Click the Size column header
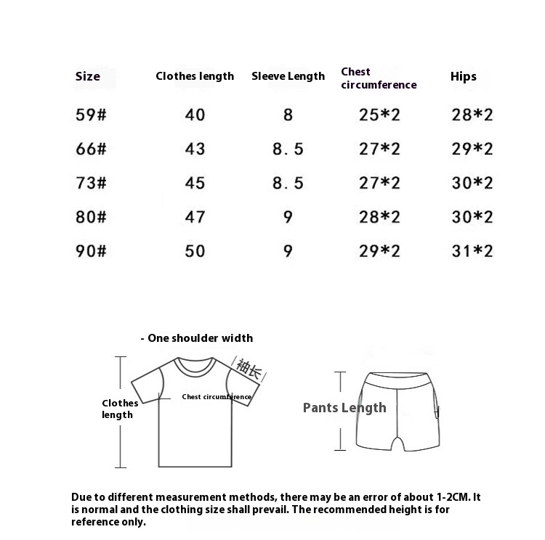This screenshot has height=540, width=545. pos(88,76)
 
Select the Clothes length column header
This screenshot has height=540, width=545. pos(195,76)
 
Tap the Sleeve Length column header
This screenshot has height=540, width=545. pos(288,76)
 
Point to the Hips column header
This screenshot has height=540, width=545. pos(464,76)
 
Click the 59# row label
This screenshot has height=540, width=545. pos(91,115)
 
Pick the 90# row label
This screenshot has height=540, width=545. pos(91,251)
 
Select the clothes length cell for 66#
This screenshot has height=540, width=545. pos(195,149)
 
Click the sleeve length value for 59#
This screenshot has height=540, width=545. pos(288,115)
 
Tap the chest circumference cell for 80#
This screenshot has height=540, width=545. pos(379,217)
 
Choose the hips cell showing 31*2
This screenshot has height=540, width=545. pos(472,251)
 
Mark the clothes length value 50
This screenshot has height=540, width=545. pos(195,251)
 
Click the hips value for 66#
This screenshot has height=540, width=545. pos(472,149)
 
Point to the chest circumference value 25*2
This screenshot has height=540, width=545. pos(379,115)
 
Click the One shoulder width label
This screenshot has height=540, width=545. pos(199,338)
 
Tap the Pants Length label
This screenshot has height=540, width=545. pos(344,408)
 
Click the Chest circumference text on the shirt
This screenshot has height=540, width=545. pos(217,397)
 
